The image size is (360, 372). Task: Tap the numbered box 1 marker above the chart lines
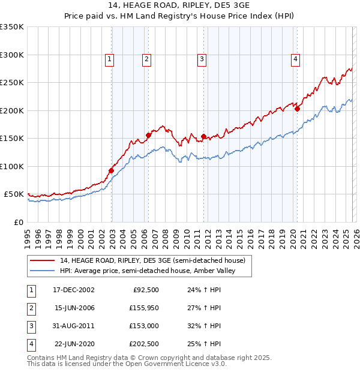tap(110, 59)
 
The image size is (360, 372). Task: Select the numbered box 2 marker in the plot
tap(146, 59)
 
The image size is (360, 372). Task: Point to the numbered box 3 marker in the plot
tap(202, 59)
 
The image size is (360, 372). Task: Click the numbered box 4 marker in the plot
tap(296, 59)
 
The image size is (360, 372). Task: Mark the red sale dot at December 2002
tap(112, 171)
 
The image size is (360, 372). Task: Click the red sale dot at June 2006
tap(148, 135)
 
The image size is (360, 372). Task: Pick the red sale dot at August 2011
tap(203, 137)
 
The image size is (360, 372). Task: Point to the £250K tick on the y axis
tap(12, 83)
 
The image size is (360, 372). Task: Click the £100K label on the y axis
tap(12, 166)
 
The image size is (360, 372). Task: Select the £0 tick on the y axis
tap(18, 222)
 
